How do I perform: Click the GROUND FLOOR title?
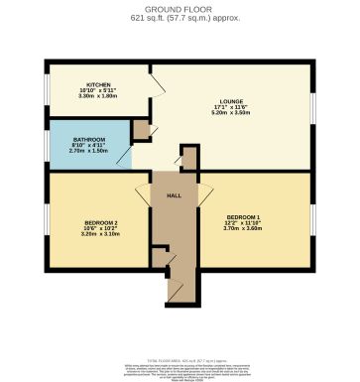pyautogui.click(x=180, y=8)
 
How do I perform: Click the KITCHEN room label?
pyautogui.click(x=97, y=84)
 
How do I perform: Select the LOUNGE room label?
pyautogui.click(x=232, y=101)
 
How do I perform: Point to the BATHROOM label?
pyautogui.click(x=85, y=142)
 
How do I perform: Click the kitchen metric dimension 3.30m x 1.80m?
pyautogui.click(x=98, y=96)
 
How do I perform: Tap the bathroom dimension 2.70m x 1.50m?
pyautogui.click(x=85, y=154)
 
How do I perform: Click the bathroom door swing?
pyautogui.click(x=125, y=155)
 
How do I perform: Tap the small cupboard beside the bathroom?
pyautogui.click(x=142, y=129)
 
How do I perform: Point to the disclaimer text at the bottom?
pyautogui.click(x=180, y=365)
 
